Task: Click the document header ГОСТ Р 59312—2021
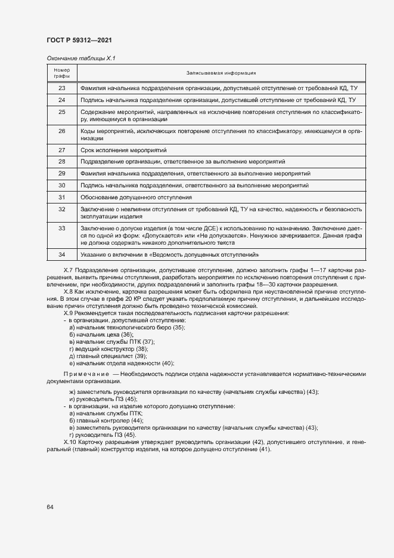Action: click(79, 40)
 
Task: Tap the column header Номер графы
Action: click(62, 73)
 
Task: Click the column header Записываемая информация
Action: click(221, 73)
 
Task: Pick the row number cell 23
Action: click(62, 88)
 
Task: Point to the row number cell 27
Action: click(62, 149)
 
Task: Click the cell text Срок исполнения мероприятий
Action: click(123, 149)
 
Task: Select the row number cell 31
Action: click(62, 197)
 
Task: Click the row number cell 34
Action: click(62, 255)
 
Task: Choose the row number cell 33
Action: click(62, 229)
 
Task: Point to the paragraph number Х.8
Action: click(67, 291)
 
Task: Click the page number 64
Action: click(50, 507)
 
